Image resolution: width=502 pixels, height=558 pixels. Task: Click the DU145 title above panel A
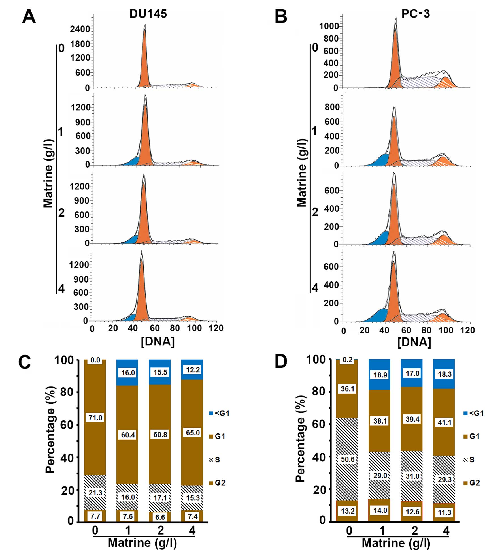[x=148, y=14]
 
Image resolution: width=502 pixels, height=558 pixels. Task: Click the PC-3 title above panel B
[x=415, y=14]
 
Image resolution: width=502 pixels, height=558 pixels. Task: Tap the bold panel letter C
[x=24, y=362]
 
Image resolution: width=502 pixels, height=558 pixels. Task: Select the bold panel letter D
[x=281, y=362]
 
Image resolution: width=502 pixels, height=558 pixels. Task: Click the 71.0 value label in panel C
[x=95, y=418]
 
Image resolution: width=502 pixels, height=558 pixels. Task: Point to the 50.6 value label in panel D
[x=347, y=459]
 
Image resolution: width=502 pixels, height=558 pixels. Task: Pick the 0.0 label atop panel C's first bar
[x=95, y=360]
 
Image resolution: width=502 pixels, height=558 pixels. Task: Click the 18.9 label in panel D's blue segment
[x=380, y=375]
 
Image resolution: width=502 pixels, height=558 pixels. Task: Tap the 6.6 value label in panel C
[x=160, y=517]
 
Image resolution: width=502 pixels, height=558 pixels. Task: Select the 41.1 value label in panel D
[x=444, y=422]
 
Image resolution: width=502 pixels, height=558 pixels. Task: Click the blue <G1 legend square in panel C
[x=211, y=413]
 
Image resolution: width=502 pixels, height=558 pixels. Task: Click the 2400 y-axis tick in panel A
[x=80, y=29]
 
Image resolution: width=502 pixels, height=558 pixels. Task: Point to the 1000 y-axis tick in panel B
[x=329, y=26]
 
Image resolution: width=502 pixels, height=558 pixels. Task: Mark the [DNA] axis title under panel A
[x=158, y=341]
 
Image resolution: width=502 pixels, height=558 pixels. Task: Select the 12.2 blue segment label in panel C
[x=193, y=370]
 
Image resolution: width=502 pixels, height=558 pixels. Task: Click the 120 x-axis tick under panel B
[x=467, y=330]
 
